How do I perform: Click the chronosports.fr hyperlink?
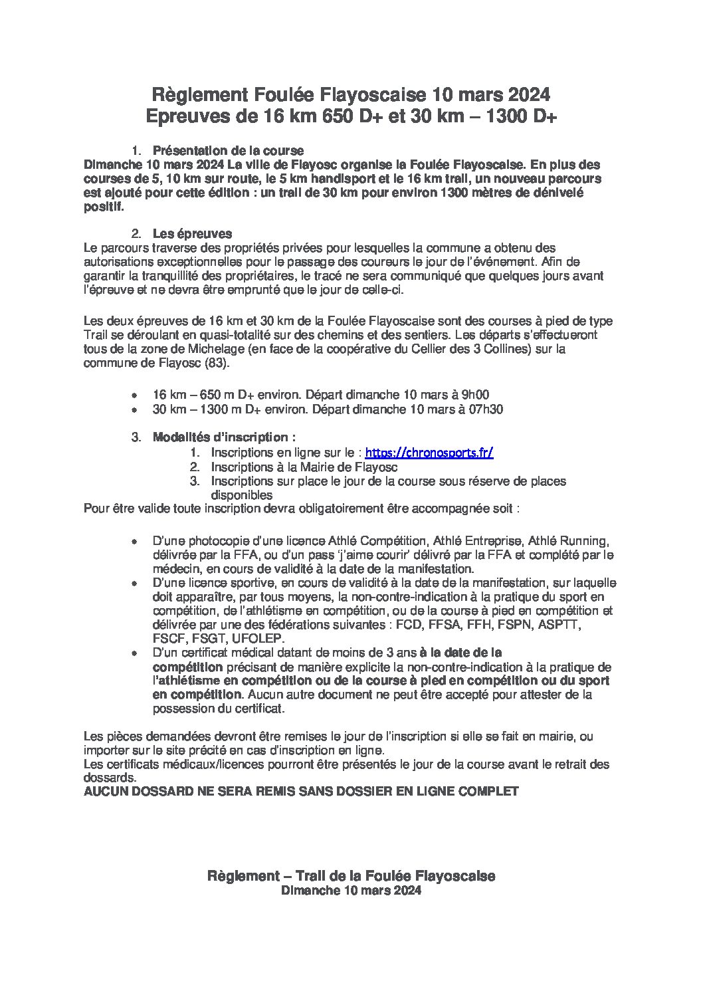click(x=429, y=453)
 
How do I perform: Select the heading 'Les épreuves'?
click(x=192, y=234)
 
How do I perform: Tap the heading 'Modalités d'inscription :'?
click(x=224, y=437)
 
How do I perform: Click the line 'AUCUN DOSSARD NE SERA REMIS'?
click(x=300, y=792)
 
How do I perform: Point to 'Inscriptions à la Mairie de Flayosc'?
click(x=296, y=467)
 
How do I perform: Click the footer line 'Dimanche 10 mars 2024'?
click(x=351, y=892)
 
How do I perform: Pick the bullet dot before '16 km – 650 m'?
click(x=136, y=395)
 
